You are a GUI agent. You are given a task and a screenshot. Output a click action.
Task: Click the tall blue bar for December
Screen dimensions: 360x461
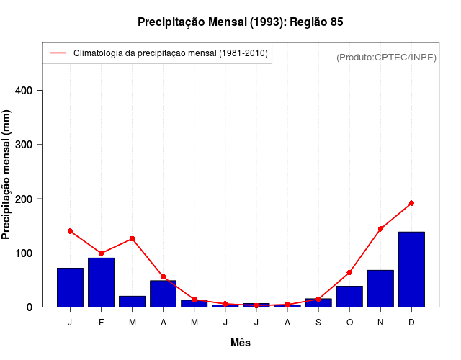pos(411,269)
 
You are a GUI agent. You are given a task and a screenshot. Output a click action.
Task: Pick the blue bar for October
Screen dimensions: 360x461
pos(349,296)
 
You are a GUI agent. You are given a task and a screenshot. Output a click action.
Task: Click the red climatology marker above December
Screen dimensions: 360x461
pos(411,203)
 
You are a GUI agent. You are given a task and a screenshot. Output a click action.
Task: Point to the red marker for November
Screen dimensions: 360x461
pos(380,229)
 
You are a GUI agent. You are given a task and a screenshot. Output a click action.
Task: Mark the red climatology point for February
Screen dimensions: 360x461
pos(101,253)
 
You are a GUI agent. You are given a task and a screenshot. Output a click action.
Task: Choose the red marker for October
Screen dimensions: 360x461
pos(349,272)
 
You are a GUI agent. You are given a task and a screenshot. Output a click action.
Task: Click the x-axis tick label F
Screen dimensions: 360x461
pos(101,323)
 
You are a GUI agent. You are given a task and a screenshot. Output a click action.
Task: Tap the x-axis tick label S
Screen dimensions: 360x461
pos(318,323)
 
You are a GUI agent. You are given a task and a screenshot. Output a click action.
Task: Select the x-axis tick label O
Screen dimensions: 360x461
pos(349,323)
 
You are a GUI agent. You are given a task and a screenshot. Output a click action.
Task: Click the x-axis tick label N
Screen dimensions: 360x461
pos(380,323)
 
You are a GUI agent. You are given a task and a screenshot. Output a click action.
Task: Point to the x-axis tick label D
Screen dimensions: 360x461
pos(411,323)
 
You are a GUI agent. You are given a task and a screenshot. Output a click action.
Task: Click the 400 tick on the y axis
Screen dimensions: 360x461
pos(32,91)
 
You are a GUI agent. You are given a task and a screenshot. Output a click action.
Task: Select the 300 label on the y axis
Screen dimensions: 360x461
pos(32,145)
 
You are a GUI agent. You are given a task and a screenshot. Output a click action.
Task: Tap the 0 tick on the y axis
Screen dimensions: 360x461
pos(38,307)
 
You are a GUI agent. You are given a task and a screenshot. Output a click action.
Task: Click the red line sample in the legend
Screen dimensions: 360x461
pos(58,53)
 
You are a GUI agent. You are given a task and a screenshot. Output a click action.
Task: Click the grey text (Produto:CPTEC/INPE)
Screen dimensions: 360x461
pos(386,57)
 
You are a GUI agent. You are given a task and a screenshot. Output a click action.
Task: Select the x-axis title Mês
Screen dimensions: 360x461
pos(241,343)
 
